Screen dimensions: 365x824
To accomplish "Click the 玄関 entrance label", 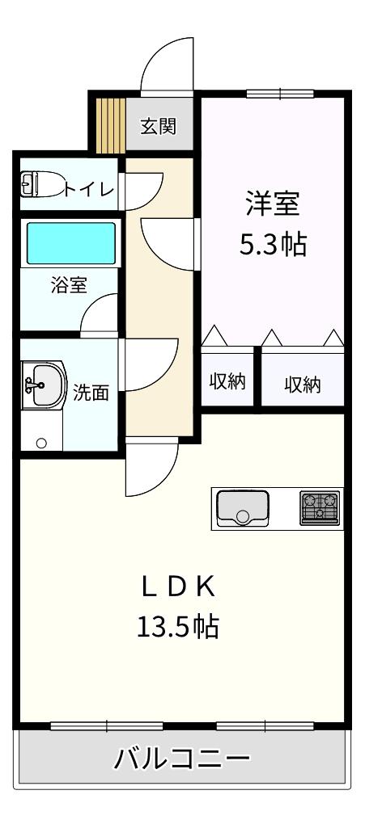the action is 158,126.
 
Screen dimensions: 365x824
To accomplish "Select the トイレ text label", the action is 89,188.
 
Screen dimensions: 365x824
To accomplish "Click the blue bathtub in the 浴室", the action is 71,243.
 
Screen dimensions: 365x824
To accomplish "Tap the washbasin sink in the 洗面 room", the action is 45,385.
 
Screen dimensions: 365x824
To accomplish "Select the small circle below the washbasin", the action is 41,443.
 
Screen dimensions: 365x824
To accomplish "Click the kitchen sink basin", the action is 242,507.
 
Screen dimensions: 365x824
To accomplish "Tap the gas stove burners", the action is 320,507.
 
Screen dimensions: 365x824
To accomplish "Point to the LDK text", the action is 178,588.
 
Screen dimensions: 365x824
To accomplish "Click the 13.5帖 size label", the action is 178,625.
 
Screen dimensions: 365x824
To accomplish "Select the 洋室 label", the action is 273,204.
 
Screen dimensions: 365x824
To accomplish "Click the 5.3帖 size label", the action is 273,243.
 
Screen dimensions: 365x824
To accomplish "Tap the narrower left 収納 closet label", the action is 228,381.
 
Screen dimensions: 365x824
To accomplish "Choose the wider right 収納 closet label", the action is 303,385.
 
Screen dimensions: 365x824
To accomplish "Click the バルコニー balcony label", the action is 182,758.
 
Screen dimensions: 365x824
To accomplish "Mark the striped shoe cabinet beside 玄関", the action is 110,125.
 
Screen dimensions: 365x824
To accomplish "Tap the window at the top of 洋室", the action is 280,95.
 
